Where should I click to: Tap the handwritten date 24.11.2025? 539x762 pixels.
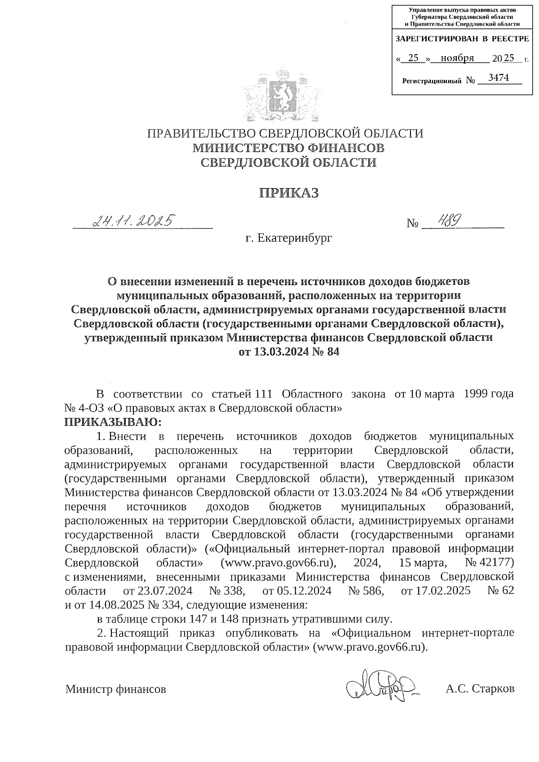pos(133,221)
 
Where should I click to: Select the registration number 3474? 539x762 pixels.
pos(498,78)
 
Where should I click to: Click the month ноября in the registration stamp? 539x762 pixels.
pos(457,58)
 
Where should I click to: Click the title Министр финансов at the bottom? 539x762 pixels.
pos(116,688)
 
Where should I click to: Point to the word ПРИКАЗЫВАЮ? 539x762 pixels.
pos(113,422)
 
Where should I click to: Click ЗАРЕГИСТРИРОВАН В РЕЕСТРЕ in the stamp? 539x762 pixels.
pos(462,39)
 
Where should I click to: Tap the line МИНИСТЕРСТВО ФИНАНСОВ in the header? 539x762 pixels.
pos(288,148)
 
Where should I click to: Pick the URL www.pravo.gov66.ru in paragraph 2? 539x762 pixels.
pos(370,647)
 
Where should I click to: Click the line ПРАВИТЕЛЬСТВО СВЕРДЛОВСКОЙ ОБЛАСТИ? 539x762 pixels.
pos(286,133)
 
